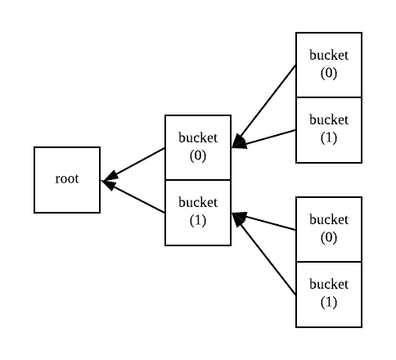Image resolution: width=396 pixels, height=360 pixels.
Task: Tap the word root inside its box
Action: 67,178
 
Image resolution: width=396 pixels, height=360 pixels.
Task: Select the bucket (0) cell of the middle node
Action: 198,147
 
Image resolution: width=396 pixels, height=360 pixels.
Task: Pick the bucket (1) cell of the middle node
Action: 198,212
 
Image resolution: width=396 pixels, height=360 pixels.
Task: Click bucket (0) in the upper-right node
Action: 328,65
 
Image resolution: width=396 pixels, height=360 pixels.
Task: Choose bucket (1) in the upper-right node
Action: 328,129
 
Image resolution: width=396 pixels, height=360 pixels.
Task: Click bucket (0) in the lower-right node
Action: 328,228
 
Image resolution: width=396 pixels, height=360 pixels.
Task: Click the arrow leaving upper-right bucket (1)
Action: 270,137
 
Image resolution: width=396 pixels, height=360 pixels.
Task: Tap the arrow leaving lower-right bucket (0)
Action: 270,223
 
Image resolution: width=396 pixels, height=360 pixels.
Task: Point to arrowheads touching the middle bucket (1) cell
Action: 239,218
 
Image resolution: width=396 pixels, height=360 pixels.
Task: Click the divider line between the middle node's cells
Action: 198,180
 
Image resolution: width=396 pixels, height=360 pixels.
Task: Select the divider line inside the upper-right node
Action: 328,97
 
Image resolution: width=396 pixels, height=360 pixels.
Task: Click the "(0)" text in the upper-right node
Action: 328,72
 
